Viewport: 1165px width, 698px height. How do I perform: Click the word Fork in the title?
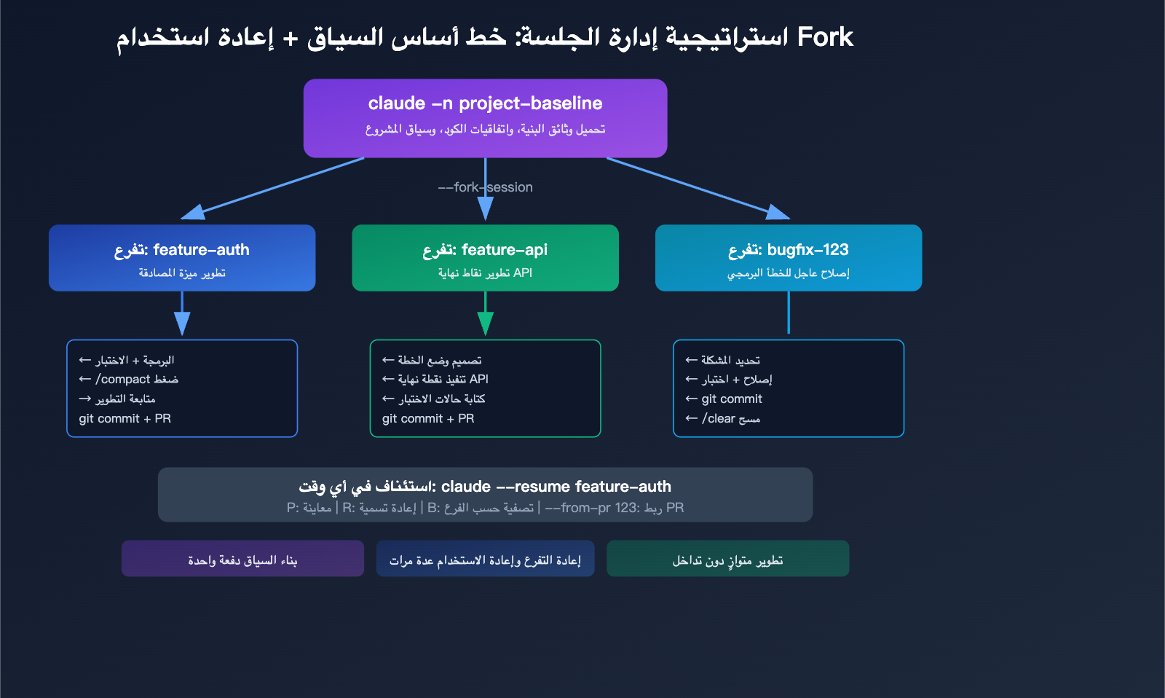(825, 37)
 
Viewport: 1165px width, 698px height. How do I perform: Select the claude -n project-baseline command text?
(485, 103)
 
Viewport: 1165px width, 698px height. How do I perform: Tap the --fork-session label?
(485, 187)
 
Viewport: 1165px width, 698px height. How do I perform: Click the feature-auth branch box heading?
(182, 250)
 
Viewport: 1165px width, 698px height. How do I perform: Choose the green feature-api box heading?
(485, 250)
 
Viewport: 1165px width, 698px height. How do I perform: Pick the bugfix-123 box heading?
(789, 250)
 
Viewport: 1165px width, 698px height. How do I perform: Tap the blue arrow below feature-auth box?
(182, 315)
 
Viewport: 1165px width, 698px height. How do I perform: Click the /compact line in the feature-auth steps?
(129, 380)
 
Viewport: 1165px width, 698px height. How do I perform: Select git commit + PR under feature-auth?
(125, 419)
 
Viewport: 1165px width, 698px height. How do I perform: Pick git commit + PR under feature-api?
(428, 419)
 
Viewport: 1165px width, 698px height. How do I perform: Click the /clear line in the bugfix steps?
(723, 419)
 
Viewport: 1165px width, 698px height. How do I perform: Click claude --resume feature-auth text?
(556, 487)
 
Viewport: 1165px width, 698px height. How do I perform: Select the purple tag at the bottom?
(242, 559)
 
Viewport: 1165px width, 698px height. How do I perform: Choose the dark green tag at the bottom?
(727, 559)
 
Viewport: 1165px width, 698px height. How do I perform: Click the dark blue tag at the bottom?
(485, 559)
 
